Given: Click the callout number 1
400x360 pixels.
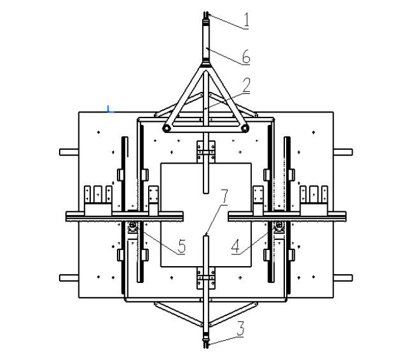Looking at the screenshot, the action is click(246, 20).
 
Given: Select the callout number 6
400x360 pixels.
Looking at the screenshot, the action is click(246, 57).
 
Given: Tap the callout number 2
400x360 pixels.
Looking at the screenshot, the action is click(246, 85).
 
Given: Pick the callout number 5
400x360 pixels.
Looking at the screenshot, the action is click(182, 246).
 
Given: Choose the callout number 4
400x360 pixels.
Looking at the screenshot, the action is click(236, 246).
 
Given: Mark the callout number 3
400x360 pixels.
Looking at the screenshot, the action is click(241, 329).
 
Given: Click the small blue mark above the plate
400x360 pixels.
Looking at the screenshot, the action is click(109, 109).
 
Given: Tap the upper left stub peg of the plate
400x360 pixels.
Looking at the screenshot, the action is click(69, 152).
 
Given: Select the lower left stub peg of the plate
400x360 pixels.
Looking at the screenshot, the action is click(69, 278).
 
